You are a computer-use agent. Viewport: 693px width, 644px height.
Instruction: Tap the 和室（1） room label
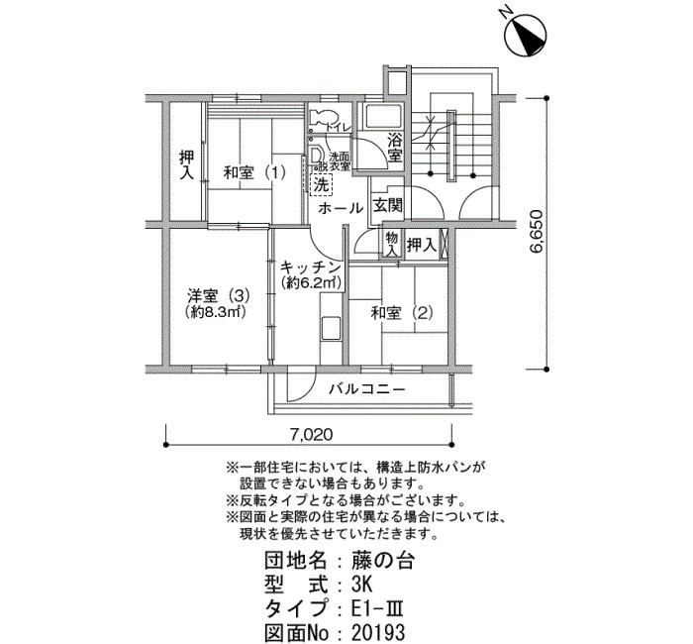click(x=253, y=172)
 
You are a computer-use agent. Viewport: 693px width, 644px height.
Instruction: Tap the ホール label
click(x=341, y=208)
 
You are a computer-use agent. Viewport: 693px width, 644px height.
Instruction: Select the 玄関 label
click(x=387, y=206)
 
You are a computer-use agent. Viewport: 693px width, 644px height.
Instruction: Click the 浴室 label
click(x=394, y=147)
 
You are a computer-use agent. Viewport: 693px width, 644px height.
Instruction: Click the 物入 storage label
click(x=391, y=244)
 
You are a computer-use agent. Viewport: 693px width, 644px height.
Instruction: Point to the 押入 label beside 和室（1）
click(x=185, y=164)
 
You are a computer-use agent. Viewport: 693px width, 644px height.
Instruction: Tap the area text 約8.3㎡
click(x=215, y=313)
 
